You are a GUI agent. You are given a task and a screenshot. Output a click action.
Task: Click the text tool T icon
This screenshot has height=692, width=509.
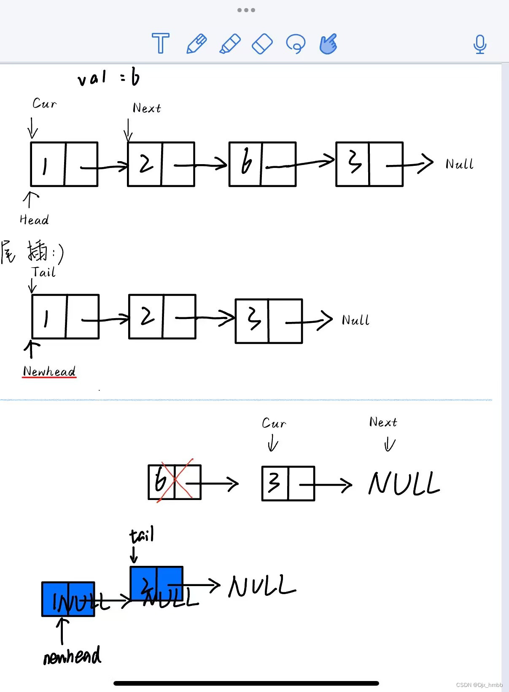pyautogui.click(x=160, y=43)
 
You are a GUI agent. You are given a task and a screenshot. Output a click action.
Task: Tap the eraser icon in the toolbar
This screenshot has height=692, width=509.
pyautogui.click(x=262, y=43)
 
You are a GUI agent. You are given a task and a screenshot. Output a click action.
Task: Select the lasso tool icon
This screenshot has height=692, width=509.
pyautogui.click(x=295, y=43)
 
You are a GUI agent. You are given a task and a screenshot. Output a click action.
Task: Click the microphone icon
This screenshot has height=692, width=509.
pyautogui.click(x=479, y=44)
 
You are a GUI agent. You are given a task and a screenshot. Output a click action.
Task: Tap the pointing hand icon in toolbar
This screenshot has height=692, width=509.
pyautogui.click(x=328, y=43)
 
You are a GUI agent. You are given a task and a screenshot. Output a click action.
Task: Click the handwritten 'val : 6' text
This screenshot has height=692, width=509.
pyautogui.click(x=108, y=78)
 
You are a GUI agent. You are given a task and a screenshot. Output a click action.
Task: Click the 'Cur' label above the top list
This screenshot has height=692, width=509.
pyautogui.click(x=44, y=103)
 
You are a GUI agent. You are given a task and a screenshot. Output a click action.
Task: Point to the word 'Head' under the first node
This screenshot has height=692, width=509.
pyautogui.click(x=34, y=220)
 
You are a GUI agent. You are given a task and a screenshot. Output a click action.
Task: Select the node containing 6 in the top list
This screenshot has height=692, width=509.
pyautogui.click(x=262, y=164)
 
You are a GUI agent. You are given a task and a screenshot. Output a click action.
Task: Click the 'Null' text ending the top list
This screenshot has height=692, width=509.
pyautogui.click(x=459, y=164)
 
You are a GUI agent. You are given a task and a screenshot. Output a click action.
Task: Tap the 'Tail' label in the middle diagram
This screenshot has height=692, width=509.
pyautogui.click(x=43, y=272)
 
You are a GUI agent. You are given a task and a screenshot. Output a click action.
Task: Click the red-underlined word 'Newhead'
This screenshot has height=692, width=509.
pyautogui.click(x=49, y=371)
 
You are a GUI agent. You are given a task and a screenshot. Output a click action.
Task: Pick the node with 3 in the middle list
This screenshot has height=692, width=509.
pyautogui.click(x=269, y=321)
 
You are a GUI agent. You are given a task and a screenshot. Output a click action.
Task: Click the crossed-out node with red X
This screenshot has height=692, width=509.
pyautogui.click(x=174, y=482)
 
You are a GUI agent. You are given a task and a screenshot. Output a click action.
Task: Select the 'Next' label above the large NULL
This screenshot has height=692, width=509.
pyautogui.click(x=383, y=422)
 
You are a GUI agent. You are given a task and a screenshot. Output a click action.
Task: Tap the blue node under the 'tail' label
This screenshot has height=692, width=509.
pyautogui.click(x=156, y=583)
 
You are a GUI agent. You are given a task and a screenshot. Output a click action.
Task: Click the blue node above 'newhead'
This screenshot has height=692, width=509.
pyautogui.click(x=68, y=599)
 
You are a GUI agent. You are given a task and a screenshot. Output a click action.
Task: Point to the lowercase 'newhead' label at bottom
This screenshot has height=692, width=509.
pyautogui.click(x=72, y=656)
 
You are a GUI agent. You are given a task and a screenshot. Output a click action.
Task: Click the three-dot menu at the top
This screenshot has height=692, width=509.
pyautogui.click(x=246, y=10)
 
